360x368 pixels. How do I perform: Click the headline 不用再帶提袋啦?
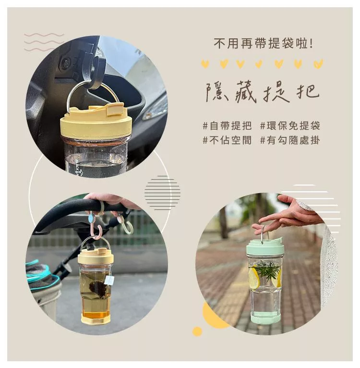(264, 44)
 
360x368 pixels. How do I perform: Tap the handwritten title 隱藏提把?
(263, 92)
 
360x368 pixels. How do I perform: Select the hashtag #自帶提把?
(227, 126)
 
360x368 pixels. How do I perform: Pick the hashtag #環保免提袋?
(290, 126)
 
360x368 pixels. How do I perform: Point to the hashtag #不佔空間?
(227, 140)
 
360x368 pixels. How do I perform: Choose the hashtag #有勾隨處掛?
(290, 140)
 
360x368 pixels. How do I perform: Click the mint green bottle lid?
(264, 248)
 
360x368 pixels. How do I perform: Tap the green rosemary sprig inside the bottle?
(267, 270)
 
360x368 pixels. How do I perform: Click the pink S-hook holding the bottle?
(96, 226)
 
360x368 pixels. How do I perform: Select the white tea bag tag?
(109, 280)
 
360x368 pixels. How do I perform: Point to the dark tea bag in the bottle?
(97, 288)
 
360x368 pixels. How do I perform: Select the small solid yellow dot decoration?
(197, 331)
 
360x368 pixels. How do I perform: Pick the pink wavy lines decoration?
(44, 42)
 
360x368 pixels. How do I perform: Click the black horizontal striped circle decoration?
(162, 193)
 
